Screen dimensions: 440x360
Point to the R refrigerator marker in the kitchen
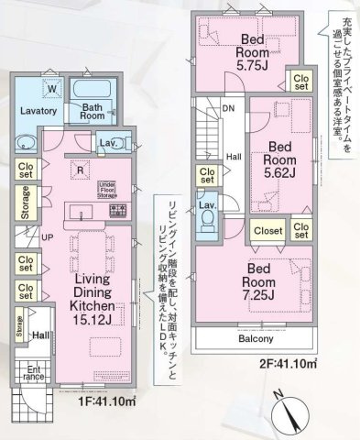pos(81,169)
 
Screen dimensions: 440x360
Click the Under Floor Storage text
pos(112,188)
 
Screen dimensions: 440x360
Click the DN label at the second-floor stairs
pos(227,108)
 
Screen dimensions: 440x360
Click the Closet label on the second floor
pos(267,231)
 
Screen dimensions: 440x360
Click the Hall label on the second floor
pos(233,156)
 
